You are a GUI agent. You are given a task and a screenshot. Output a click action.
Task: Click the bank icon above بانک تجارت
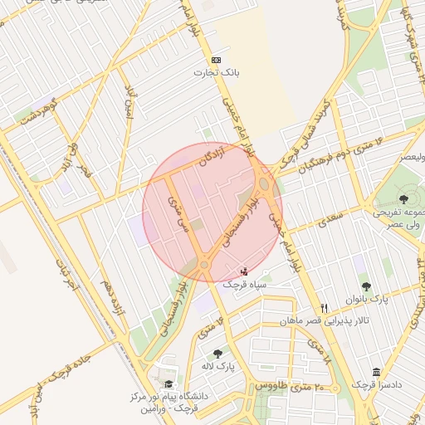pos(217,60)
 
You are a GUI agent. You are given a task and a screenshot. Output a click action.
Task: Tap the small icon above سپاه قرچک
pos(242,271)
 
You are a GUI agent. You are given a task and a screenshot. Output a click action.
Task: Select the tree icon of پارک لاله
pos(217,354)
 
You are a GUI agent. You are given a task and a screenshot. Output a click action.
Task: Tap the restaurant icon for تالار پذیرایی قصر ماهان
pos(325,307)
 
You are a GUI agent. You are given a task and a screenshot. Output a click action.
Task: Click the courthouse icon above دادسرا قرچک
pos(377,371)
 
